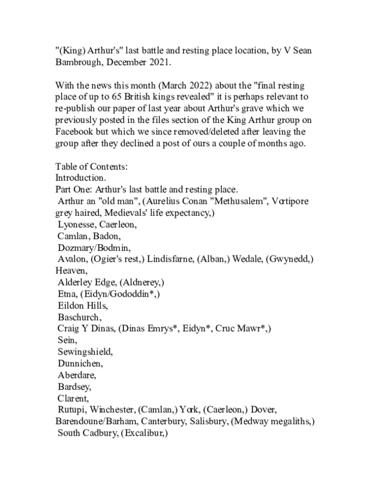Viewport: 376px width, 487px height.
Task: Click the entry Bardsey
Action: tap(75, 405)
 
